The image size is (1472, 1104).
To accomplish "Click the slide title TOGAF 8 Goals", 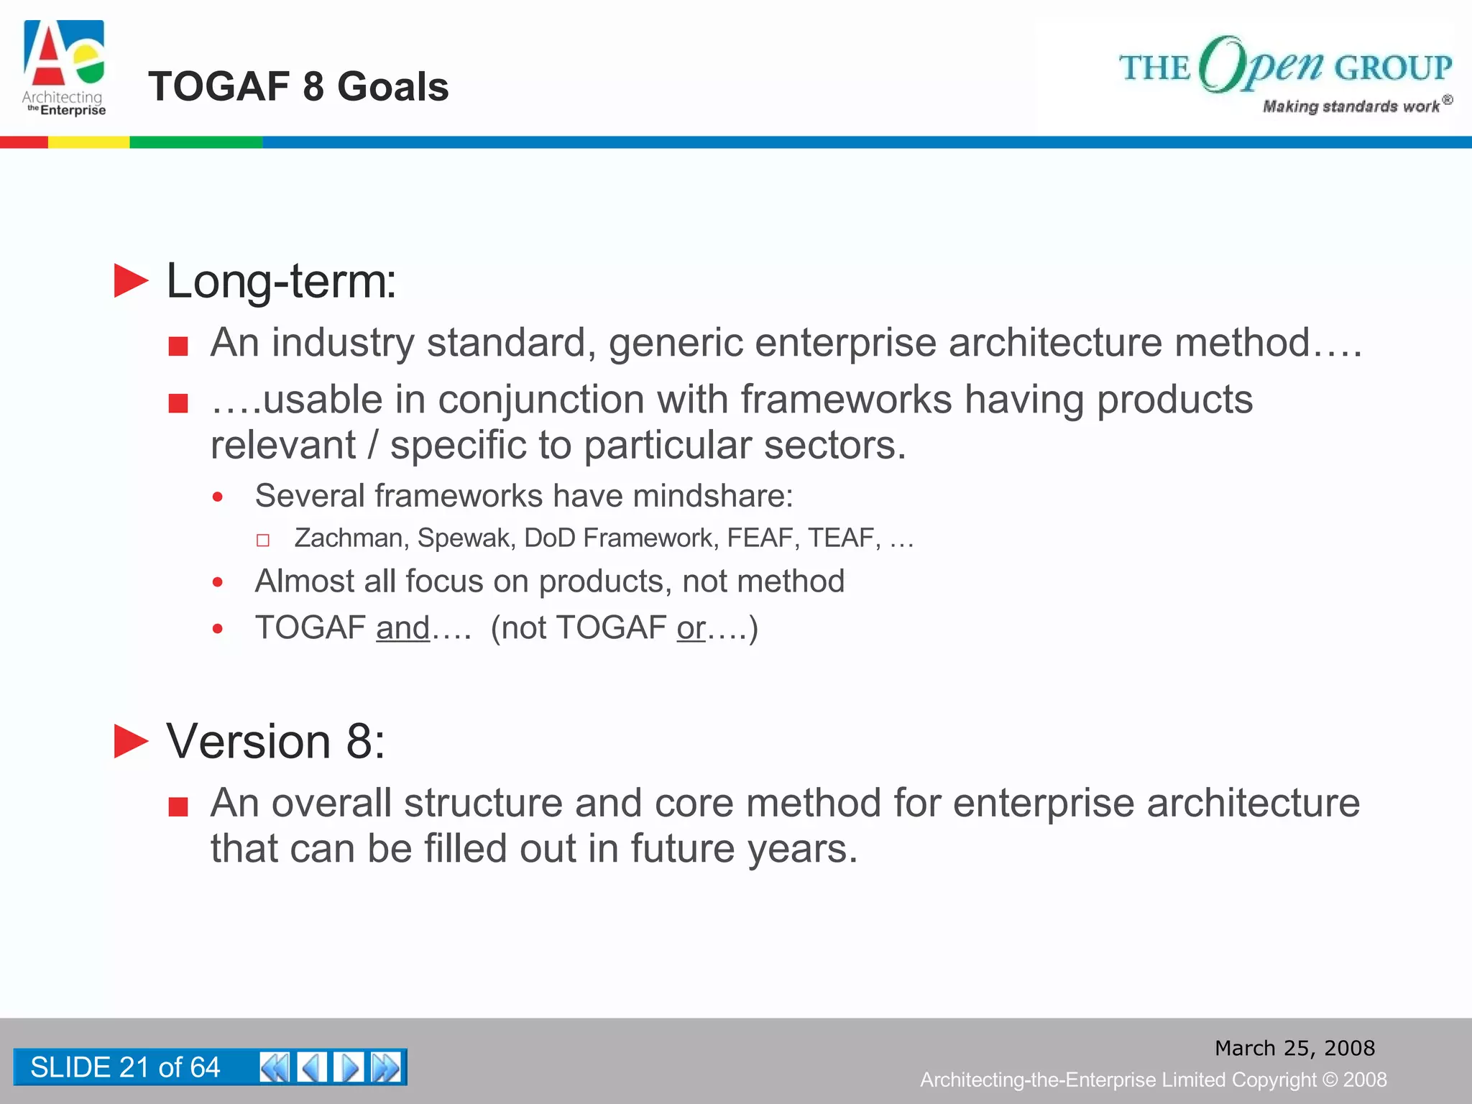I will (298, 87).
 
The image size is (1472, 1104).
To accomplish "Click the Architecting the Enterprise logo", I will (65, 68).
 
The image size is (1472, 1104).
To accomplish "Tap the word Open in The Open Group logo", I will (1261, 65).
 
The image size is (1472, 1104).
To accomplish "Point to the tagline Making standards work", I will (1351, 106).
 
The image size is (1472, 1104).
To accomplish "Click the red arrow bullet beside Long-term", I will (131, 281).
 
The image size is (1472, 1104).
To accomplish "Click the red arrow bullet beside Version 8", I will (131, 741).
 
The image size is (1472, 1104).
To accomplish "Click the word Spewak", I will (466, 538).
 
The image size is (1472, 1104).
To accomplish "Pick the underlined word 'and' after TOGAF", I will (402, 628).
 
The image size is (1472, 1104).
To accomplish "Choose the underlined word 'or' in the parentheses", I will (691, 628).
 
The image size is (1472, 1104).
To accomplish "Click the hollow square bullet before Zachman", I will (263, 540).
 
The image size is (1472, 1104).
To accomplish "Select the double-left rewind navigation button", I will (275, 1067).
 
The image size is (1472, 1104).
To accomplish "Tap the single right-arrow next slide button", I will (349, 1067).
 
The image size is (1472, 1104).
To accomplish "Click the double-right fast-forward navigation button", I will (387, 1067).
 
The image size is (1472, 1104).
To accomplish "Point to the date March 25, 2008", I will (1294, 1048).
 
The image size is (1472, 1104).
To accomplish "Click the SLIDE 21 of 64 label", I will (125, 1067).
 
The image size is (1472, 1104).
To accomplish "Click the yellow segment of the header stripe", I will (88, 142).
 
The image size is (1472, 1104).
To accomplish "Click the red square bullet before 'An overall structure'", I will (178, 807).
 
